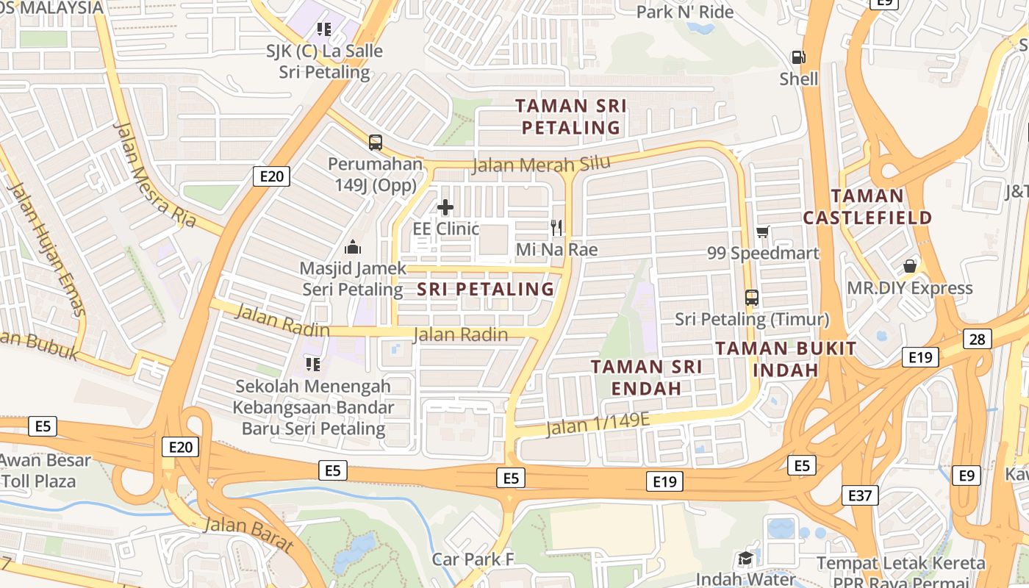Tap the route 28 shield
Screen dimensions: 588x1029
[x=978, y=338]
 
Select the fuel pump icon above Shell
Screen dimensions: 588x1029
[x=797, y=57]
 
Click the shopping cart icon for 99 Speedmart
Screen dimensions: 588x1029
[x=763, y=232]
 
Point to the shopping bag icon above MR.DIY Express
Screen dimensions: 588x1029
[x=910, y=266]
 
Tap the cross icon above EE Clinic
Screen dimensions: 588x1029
[x=445, y=207]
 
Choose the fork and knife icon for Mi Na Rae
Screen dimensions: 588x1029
[x=556, y=228]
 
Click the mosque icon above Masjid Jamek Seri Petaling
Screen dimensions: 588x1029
[x=353, y=247]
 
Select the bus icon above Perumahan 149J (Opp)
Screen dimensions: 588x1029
[x=376, y=142]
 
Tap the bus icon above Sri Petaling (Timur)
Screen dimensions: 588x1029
[x=752, y=298]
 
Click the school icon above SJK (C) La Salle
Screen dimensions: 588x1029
[x=324, y=29]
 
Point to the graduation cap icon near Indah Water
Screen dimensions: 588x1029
[x=745, y=558]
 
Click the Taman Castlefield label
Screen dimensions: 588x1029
[x=867, y=207]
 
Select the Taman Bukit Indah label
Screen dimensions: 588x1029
[x=786, y=359]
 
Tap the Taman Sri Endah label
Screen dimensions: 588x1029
[x=647, y=376]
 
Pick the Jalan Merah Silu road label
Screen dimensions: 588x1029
[x=541, y=165]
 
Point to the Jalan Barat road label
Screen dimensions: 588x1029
[x=249, y=534]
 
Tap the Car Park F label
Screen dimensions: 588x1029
[x=473, y=559]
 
